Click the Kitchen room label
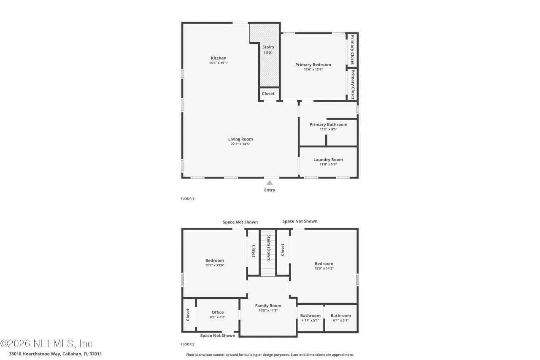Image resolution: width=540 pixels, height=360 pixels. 219,58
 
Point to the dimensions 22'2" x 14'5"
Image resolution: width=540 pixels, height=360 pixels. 240,144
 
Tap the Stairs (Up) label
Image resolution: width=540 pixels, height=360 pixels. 268,50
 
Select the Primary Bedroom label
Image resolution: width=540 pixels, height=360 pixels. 313,65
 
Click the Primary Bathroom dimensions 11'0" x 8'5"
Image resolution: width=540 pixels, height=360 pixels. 328,129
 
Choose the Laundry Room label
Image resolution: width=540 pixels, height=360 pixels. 328,160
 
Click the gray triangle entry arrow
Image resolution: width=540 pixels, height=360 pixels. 270,183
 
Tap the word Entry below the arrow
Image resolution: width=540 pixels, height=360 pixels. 270,190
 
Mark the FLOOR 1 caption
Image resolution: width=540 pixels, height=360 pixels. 187,198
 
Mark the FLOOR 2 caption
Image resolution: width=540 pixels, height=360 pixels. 187,344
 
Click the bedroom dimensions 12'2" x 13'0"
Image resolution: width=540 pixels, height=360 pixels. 214,265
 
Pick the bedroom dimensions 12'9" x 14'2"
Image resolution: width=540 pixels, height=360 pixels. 324,268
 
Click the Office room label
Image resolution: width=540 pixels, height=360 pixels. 218,312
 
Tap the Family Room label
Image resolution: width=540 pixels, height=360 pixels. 268,306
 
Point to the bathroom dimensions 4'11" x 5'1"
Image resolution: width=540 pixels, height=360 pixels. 310,320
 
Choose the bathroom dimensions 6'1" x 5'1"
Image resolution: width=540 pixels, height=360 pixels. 340,320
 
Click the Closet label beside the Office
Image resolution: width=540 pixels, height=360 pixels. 188,314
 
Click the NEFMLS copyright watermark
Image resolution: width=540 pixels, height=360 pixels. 46,343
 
